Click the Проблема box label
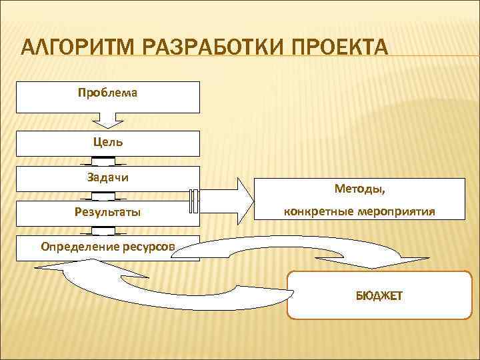108,93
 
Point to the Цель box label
108,142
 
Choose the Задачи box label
108,177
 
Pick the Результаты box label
108,213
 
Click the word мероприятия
397,211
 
